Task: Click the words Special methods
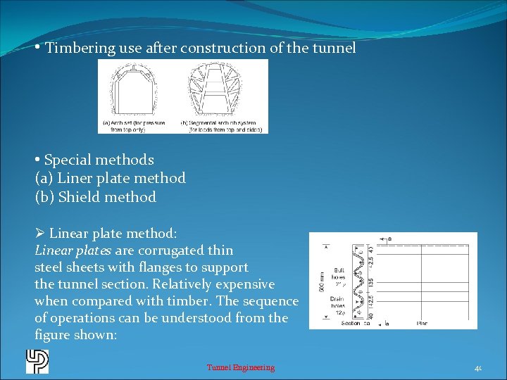coord(99,160)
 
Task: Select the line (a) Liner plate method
coord(111,178)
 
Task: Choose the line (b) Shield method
coord(96,197)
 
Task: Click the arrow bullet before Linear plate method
coord(40,233)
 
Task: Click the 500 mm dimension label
coord(321,281)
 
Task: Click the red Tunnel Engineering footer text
coord(241,367)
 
